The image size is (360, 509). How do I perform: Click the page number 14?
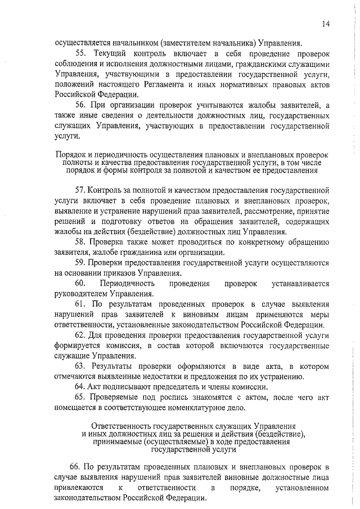326,23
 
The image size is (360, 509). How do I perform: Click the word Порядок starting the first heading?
71,154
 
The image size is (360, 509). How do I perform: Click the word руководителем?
79,294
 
